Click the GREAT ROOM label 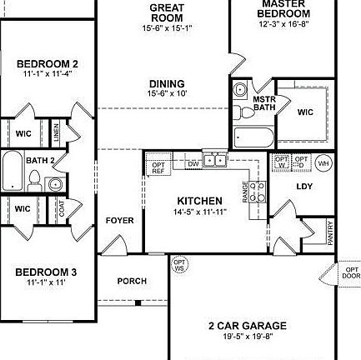pos(167,12)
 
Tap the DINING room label pos(167,84)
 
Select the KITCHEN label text pos(200,201)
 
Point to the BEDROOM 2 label pos(48,63)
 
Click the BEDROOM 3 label pos(47,272)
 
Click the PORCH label pos(132,282)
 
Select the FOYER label pos(119,221)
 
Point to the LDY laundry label pos(304,187)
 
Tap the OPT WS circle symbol pos(178,265)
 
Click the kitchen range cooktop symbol pos(258,192)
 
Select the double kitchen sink pos(215,160)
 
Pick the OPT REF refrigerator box pos(158,167)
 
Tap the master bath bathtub pos(251,137)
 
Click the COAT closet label pos(63,208)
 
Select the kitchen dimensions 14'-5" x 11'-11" pos(200,212)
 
